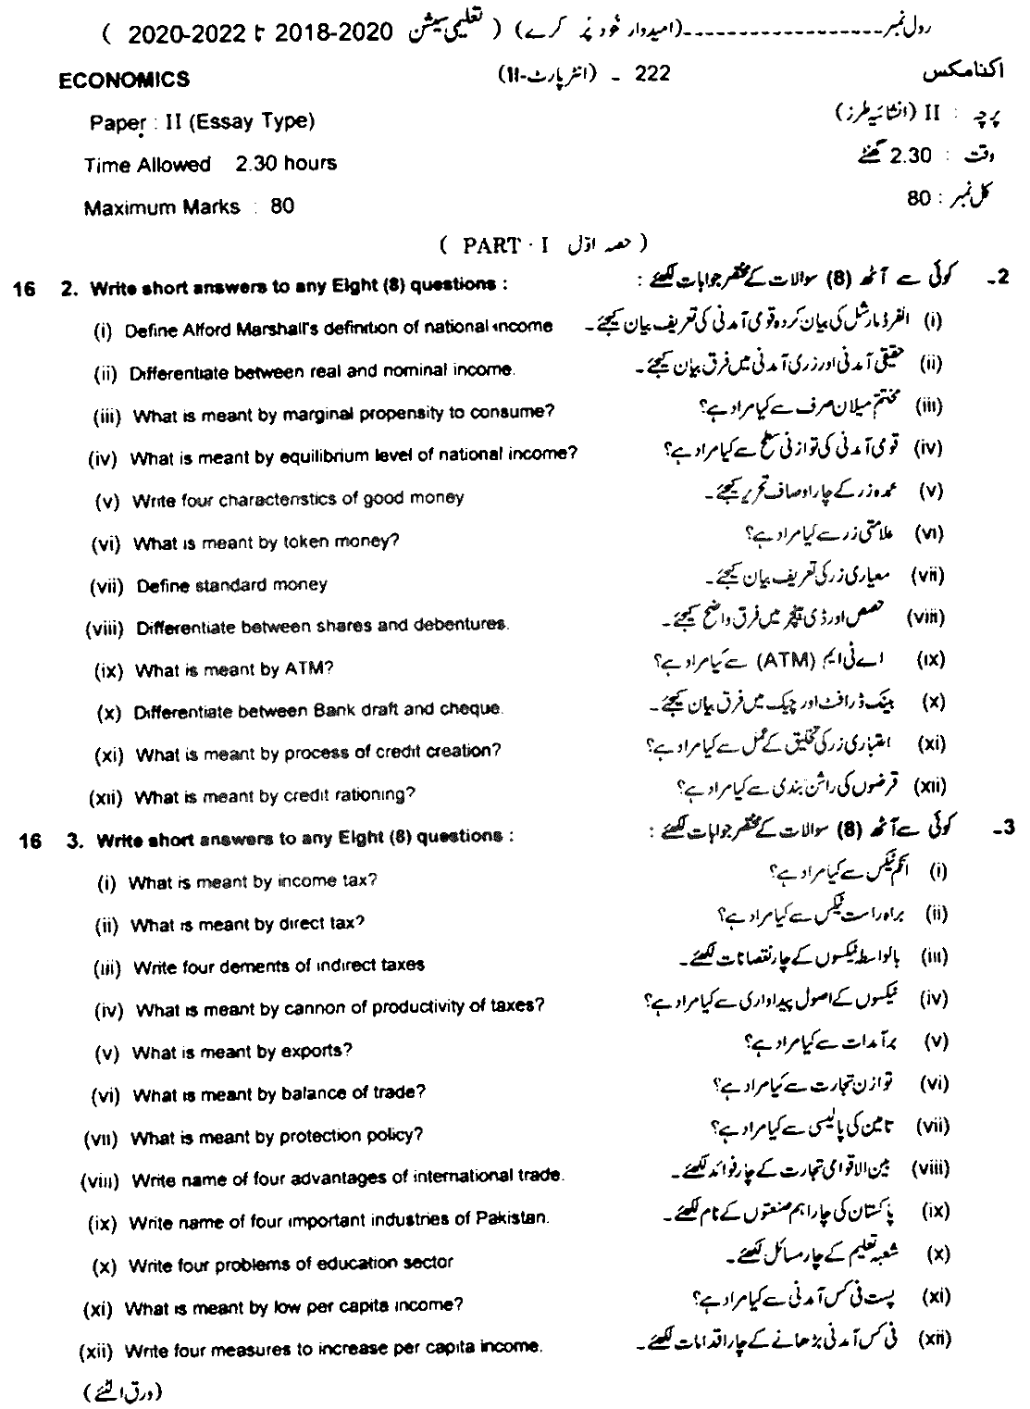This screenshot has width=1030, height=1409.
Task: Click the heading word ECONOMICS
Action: click(124, 81)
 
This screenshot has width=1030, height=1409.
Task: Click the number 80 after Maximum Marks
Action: click(282, 206)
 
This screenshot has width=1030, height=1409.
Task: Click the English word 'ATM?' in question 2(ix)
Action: click(314, 668)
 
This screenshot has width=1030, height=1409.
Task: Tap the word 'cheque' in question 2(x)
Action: click(474, 710)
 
